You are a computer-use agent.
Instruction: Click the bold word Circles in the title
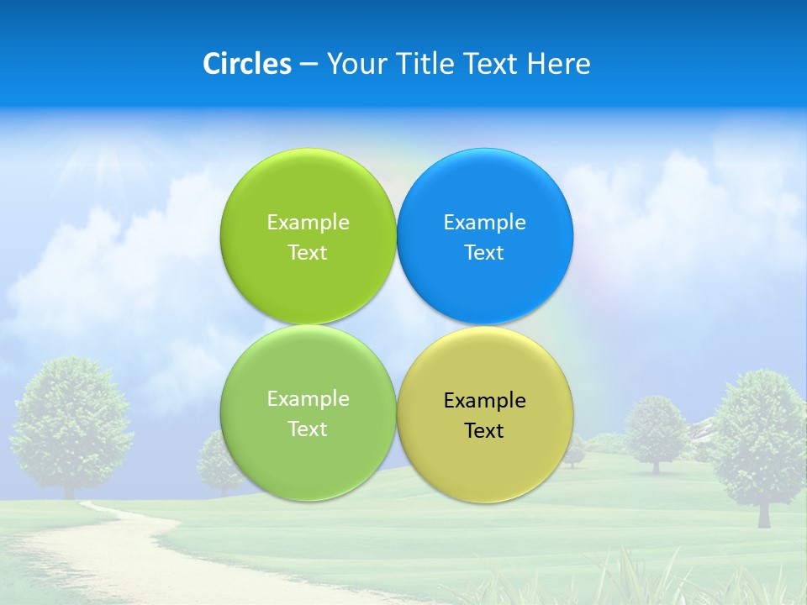tap(246, 64)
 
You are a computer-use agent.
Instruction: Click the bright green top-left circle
tap(308, 193)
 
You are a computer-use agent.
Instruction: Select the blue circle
tap(484, 193)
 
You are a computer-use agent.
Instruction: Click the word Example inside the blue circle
tap(484, 223)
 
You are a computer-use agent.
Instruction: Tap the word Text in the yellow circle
tap(484, 431)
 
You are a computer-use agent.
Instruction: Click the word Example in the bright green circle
tap(308, 223)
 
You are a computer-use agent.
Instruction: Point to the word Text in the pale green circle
tap(308, 429)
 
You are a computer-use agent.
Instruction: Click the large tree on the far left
tap(71, 412)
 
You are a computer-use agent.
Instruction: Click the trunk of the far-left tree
tap(69, 487)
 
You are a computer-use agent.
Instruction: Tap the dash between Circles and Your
tap(309, 65)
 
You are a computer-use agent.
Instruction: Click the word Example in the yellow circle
tap(484, 401)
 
